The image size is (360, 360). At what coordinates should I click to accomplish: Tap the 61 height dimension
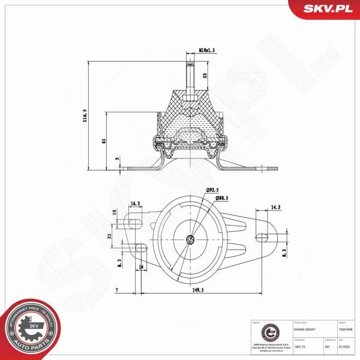point(103,140)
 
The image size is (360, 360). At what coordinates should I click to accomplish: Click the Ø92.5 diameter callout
point(215,190)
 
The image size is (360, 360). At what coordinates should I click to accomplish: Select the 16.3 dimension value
point(136,204)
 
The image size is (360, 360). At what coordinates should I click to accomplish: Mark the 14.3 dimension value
point(275,207)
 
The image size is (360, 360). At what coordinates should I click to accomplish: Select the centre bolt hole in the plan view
point(190,239)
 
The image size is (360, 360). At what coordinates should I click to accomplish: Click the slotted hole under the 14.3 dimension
point(262,235)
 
